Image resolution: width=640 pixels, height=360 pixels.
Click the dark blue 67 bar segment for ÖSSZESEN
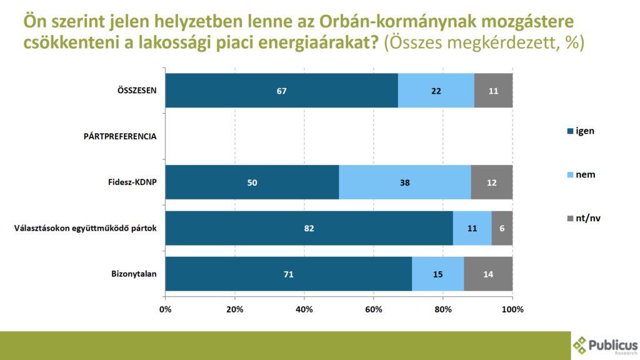pyautogui.click(x=281, y=91)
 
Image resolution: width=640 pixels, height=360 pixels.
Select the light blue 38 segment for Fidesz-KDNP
pyautogui.click(x=404, y=182)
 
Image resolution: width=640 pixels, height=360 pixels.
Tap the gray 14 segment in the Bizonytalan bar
pyautogui.click(x=488, y=274)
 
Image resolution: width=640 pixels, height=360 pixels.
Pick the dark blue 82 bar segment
pyautogui.click(x=309, y=228)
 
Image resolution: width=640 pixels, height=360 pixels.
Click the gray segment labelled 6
pyautogui.click(x=502, y=228)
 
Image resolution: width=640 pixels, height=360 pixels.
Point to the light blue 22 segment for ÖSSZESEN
pyautogui.click(x=436, y=91)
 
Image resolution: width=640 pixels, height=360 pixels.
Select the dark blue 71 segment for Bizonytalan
pyautogui.click(x=289, y=274)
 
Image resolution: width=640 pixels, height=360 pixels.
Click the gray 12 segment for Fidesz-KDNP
pyautogui.click(x=491, y=182)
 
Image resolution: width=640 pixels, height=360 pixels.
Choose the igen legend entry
pyautogui.click(x=581, y=131)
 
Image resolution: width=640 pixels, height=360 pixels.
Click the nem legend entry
pyautogui.click(x=581, y=174)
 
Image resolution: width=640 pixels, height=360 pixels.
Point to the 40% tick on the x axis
pyautogui.click(x=304, y=309)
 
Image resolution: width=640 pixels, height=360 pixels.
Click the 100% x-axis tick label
pyautogui.click(x=512, y=309)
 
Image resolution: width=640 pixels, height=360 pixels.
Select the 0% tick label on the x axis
pyautogui.click(x=166, y=309)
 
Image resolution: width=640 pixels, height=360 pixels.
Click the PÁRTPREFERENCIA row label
pyautogui.click(x=119, y=136)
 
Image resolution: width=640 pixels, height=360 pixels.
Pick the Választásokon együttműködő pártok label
pyautogui.click(x=85, y=228)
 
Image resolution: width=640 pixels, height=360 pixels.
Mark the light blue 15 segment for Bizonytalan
pyautogui.click(x=437, y=274)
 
